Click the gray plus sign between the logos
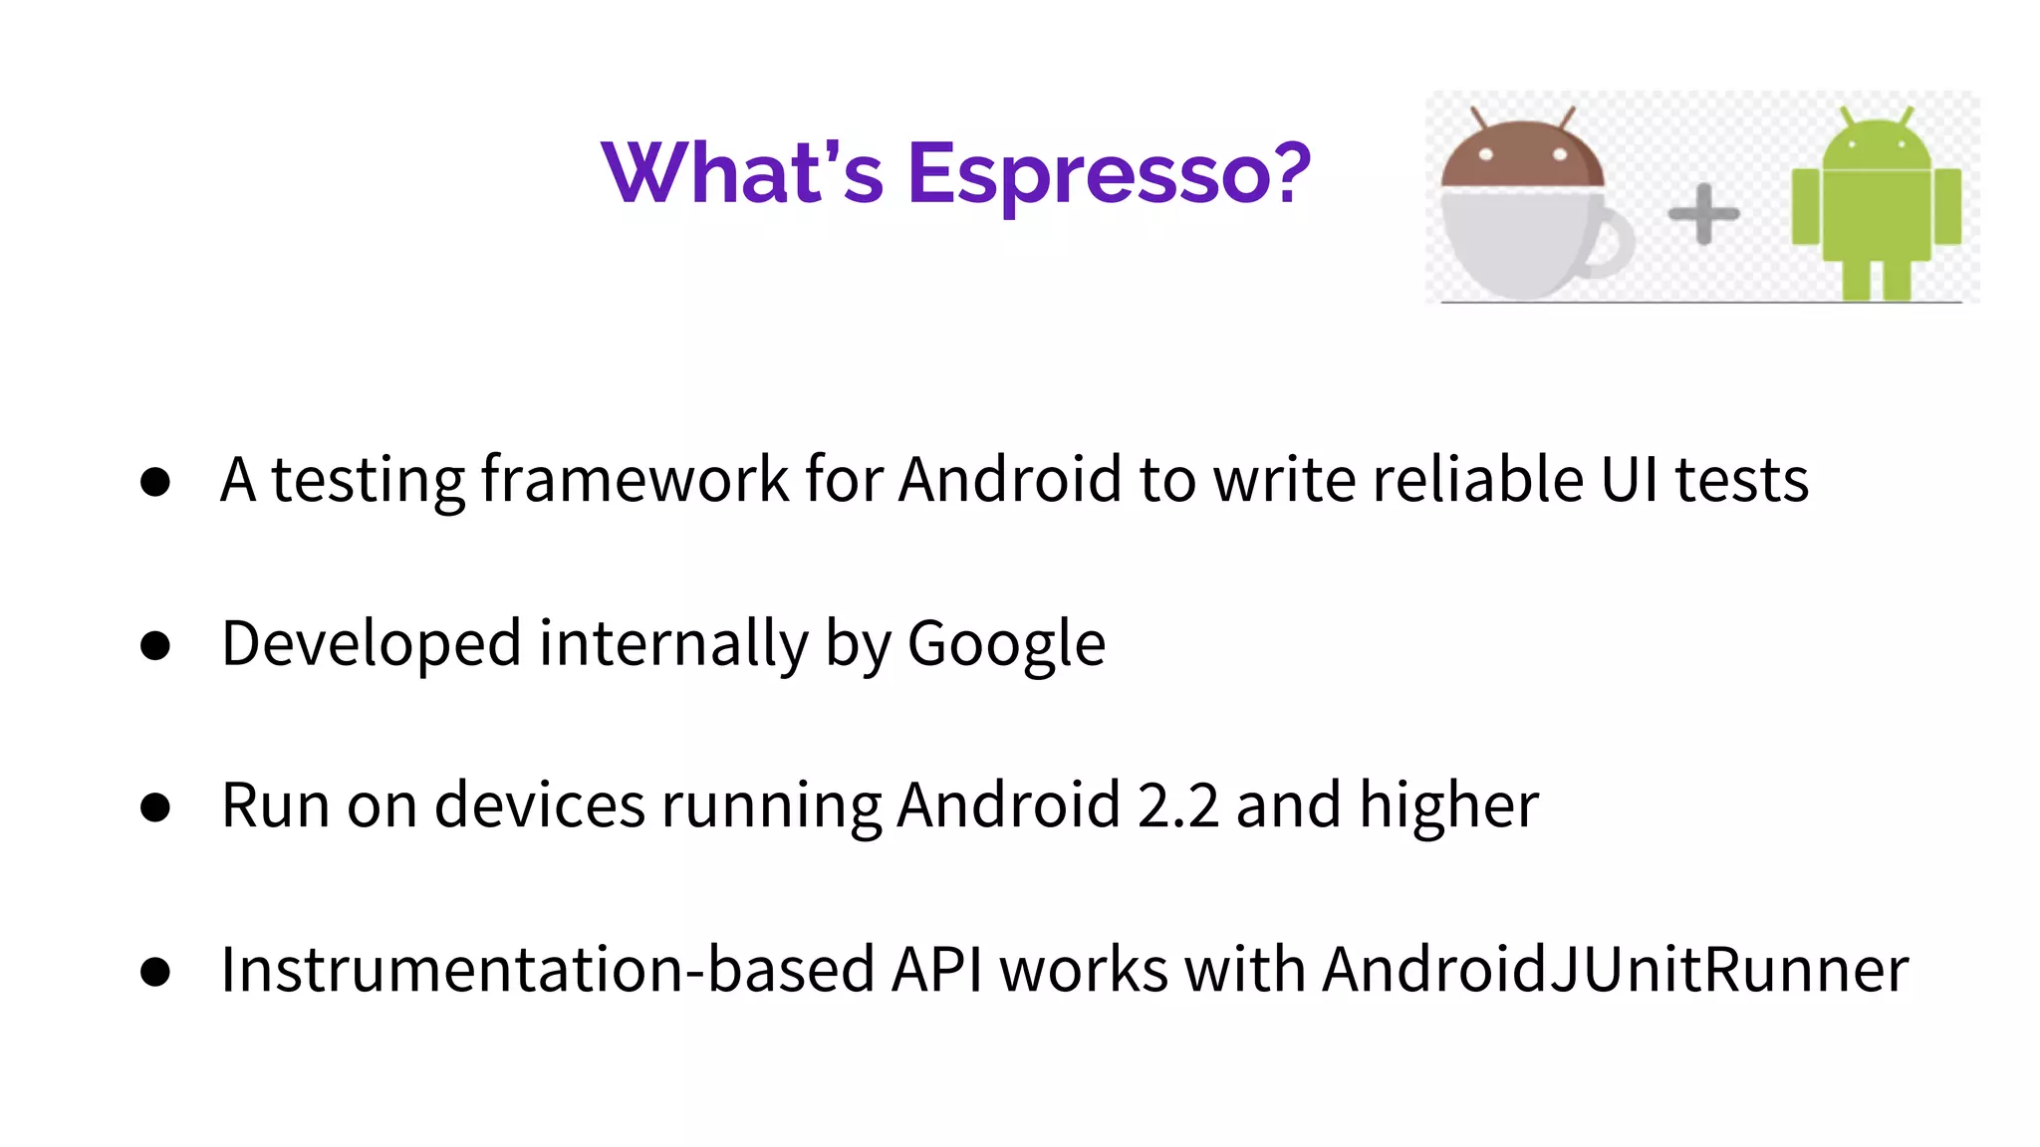1703,213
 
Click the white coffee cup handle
1611,241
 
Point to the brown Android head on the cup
1522,155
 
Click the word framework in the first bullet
636,480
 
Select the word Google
1006,644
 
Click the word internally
673,644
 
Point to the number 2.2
1177,805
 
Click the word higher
1449,805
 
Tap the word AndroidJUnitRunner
1616,970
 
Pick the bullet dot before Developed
155,646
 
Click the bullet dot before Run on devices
155,807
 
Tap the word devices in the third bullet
540,805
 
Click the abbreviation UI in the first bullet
1630,480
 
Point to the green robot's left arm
1805,207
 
